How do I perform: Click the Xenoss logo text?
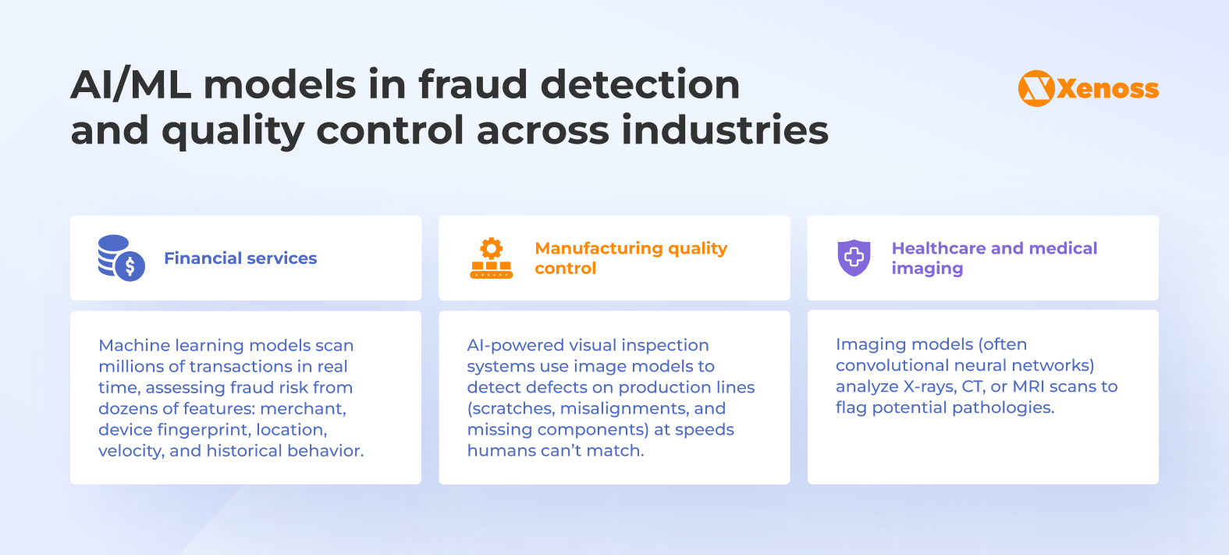pos(1107,89)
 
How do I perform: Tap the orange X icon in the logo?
pos(1036,88)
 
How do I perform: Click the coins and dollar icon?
pos(121,258)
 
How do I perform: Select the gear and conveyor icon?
pos(491,258)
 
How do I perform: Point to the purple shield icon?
pos(854,258)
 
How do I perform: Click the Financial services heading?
pos(240,258)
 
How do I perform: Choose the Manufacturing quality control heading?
pos(630,258)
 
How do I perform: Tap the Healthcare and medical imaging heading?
pos(994,258)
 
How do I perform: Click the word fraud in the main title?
pos(473,84)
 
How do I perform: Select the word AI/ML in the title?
pos(131,84)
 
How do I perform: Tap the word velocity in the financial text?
pos(129,450)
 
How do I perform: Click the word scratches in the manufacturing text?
pos(510,408)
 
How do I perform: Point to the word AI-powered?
pos(514,345)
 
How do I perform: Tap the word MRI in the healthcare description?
pos(1028,386)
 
